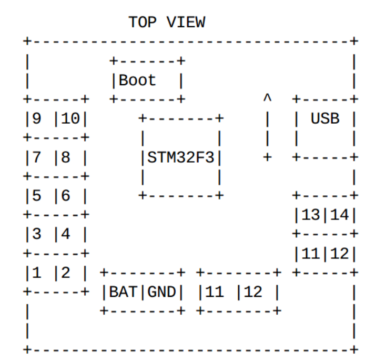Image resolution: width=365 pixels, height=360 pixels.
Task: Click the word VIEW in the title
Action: [x=186, y=23]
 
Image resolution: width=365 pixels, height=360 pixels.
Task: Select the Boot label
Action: [x=138, y=81]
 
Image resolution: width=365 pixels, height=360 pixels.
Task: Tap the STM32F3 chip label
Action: [x=181, y=157]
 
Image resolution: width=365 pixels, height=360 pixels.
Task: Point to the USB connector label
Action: [x=325, y=119]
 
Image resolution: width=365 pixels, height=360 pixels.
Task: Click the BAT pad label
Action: [x=123, y=292]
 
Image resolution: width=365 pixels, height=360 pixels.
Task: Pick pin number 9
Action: [x=36, y=119]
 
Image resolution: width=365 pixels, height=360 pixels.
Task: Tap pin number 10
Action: [x=70, y=119]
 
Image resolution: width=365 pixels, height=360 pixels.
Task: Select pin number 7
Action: [x=36, y=157]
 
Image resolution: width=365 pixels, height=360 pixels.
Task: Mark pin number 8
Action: [x=65, y=157]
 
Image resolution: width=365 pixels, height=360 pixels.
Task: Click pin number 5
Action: [x=36, y=196]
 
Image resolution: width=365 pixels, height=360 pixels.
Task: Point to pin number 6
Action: [x=65, y=196]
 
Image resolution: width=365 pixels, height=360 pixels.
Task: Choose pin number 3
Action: [x=36, y=234]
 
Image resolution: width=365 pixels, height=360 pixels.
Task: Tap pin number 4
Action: [x=65, y=234]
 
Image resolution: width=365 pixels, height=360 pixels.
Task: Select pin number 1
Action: [x=36, y=273]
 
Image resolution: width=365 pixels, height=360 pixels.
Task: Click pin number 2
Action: [x=65, y=273]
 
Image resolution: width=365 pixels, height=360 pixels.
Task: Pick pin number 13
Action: [x=310, y=215]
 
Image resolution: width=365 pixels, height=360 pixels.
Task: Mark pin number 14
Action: [x=339, y=215]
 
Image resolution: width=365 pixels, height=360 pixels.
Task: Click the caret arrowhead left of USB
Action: [x=267, y=98]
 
